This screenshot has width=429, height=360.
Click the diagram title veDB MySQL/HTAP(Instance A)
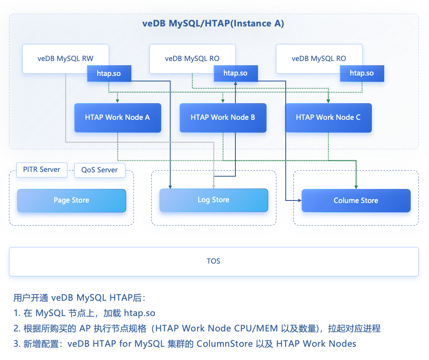point(213,23)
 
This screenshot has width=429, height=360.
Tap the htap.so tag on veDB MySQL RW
point(109,73)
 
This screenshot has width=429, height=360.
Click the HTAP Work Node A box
point(117,117)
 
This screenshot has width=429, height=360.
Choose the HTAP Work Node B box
point(223,117)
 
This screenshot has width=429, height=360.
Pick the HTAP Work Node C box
point(328,117)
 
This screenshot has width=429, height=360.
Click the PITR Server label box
point(41,169)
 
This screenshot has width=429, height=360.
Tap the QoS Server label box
point(99,170)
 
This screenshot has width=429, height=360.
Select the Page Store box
point(71,200)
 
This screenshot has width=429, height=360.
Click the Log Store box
point(213,200)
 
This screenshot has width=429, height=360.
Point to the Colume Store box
point(356,200)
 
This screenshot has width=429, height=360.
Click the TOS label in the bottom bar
point(213,261)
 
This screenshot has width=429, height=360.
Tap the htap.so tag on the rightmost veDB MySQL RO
point(362,73)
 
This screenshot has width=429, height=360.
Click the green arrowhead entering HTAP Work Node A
point(117,101)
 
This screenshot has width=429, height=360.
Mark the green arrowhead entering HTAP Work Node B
point(223,101)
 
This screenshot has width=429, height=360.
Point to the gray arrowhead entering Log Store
point(213,187)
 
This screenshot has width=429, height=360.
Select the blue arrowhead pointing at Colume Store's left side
point(299,200)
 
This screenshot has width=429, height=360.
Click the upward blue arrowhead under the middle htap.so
point(235,84)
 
